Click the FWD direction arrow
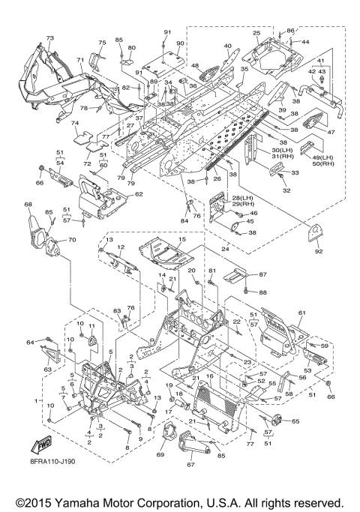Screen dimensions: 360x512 click(40, 445)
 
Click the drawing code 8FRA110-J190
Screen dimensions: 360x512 click(51, 461)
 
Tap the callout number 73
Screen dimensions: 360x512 click(49, 38)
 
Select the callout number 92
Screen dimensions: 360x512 click(319, 251)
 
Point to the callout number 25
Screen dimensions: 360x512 click(256, 33)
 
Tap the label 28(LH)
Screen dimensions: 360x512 click(241, 198)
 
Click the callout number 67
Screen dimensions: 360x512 click(190, 464)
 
